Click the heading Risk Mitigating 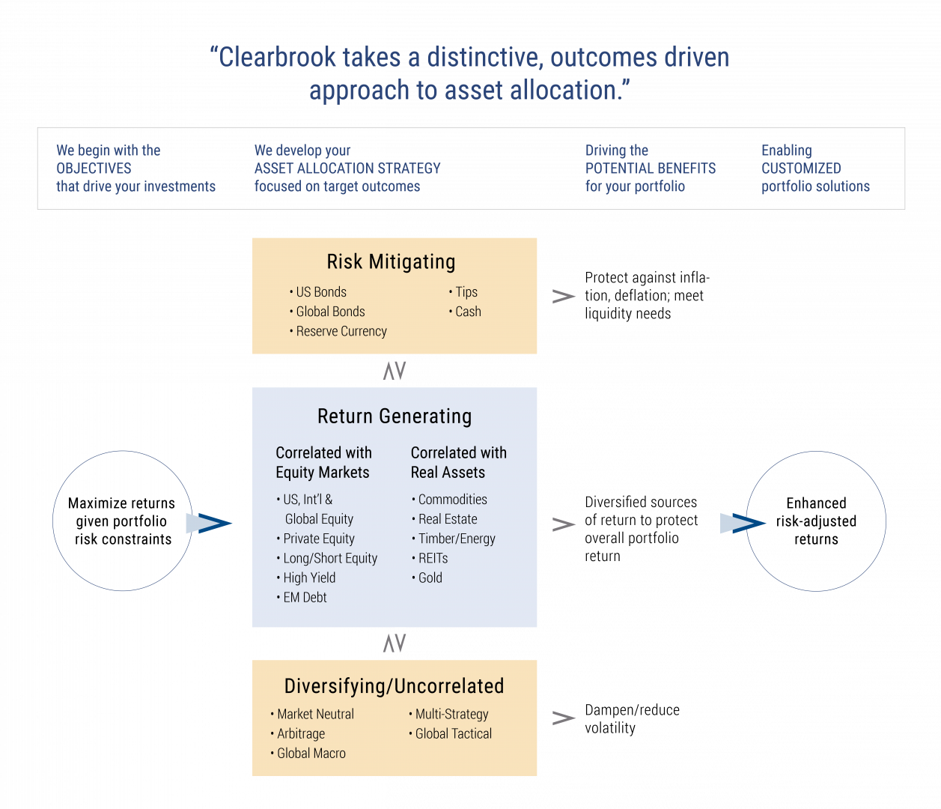tap(391, 262)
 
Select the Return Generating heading tap(395, 416)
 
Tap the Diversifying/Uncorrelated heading tap(394, 686)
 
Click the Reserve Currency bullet tap(341, 331)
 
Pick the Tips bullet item tap(466, 292)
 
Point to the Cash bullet tap(468, 312)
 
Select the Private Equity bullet tap(318, 539)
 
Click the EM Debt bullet tap(305, 597)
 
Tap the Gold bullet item tap(430, 578)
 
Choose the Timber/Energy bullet tap(457, 539)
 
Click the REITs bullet tap(433, 558)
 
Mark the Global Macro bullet tap(311, 754)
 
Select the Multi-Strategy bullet tap(451, 715)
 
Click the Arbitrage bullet tap(300, 734)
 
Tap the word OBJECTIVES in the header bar tap(94, 169)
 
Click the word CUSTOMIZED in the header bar tap(801, 169)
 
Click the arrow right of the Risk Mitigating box tap(558, 297)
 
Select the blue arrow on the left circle tap(208, 523)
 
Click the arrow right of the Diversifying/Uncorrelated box tap(558, 718)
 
